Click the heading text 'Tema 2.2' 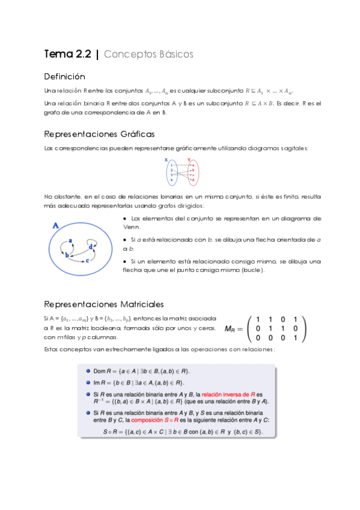pyautogui.click(x=67, y=54)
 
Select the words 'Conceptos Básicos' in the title pyautogui.click(x=148, y=54)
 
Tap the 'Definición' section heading pyautogui.click(x=65, y=77)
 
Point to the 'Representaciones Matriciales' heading pyautogui.click(x=104, y=304)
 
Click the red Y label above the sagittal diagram pyautogui.click(x=189, y=159)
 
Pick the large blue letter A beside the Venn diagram pyautogui.click(x=56, y=226)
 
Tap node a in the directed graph pyautogui.click(x=71, y=241)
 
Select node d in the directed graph pyautogui.click(x=91, y=246)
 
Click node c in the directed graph pyautogui.click(x=88, y=261)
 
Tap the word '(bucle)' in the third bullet pyautogui.click(x=251, y=270)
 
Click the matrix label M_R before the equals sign pyautogui.click(x=231, y=329)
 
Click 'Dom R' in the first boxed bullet pyautogui.click(x=102, y=371)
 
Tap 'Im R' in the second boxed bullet pyautogui.click(x=100, y=382)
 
